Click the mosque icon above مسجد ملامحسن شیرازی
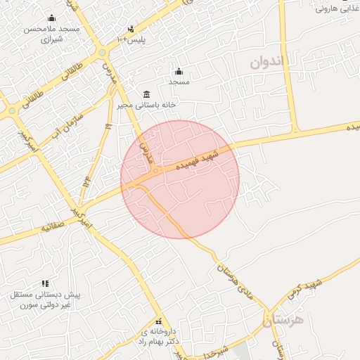[51, 19]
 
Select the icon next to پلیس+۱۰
[131, 29]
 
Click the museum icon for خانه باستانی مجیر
[146, 94]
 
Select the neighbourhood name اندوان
[268, 62]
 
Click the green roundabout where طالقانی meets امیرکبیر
[12, 110]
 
